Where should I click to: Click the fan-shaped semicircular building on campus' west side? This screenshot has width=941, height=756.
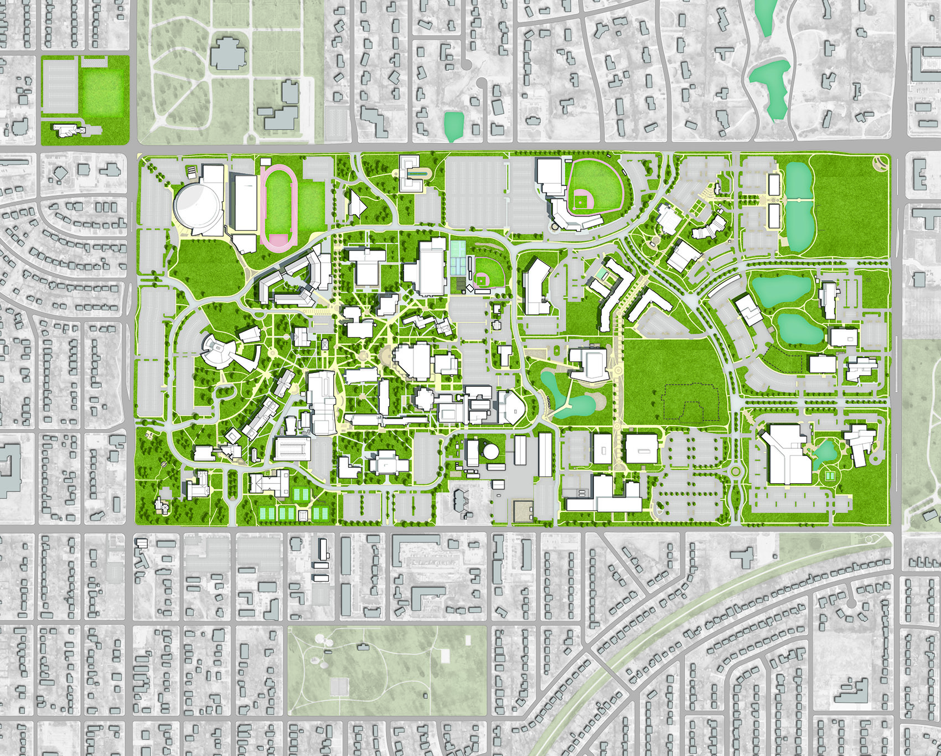click(218, 349)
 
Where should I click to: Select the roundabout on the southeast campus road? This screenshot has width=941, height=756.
click(736, 472)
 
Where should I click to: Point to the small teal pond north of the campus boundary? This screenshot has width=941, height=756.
click(453, 126)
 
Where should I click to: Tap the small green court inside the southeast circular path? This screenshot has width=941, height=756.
click(829, 476)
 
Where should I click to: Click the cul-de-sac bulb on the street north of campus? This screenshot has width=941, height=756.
click(481, 84)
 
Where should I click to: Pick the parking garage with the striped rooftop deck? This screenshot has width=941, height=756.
click(292, 448)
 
